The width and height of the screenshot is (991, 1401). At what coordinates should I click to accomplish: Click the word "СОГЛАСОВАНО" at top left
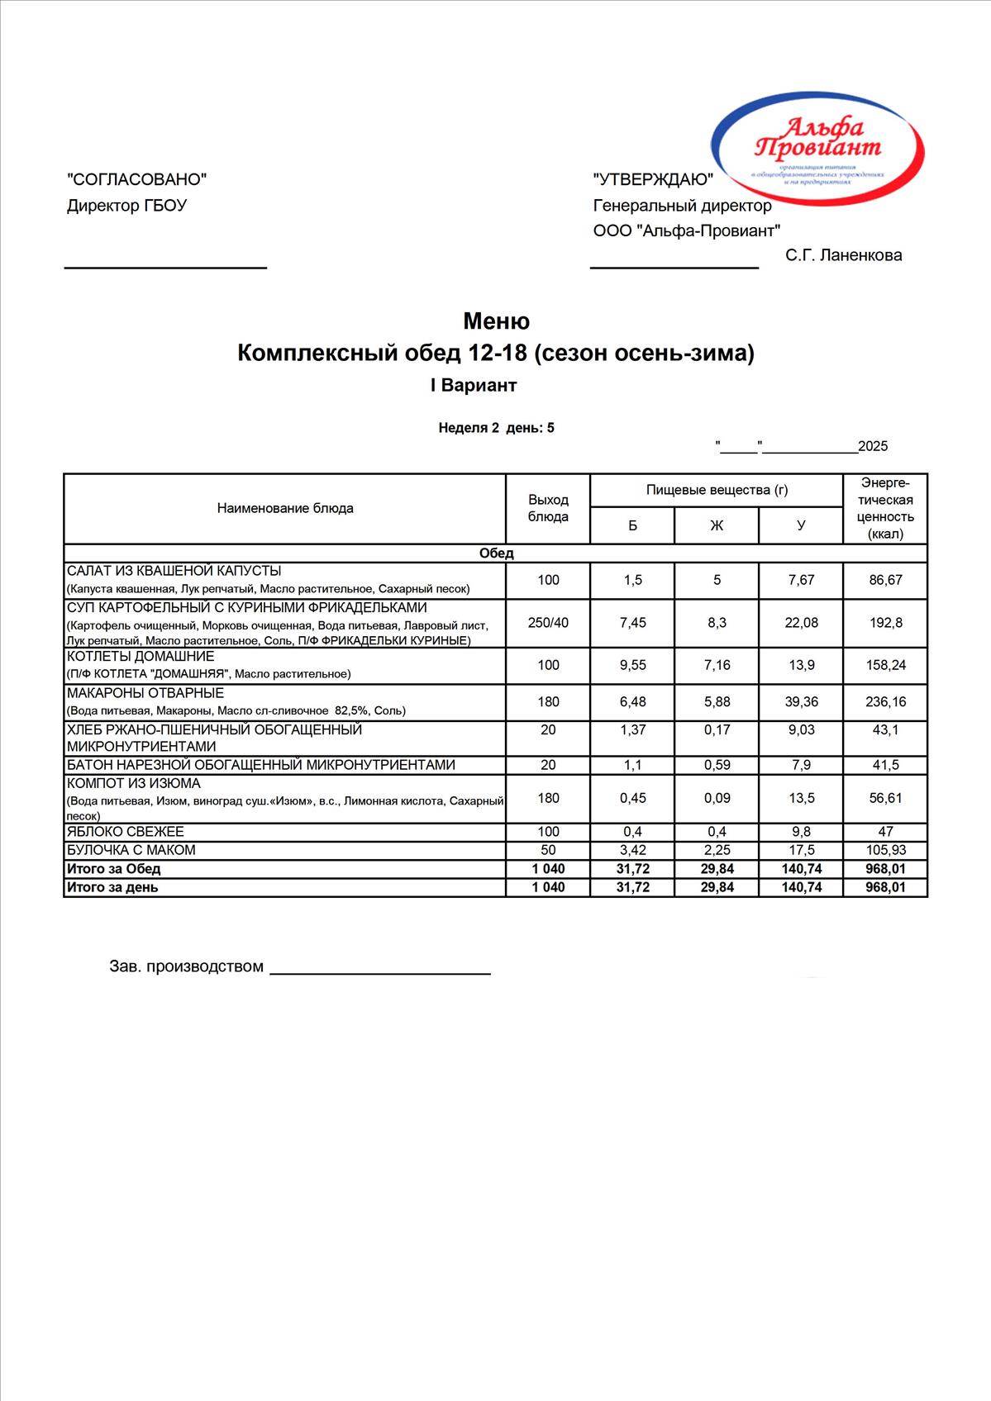click(136, 179)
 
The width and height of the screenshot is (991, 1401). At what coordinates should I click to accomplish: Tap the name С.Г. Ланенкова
click(844, 255)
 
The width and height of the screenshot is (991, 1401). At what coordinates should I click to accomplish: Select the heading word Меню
click(496, 321)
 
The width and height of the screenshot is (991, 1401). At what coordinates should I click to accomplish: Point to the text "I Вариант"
click(473, 386)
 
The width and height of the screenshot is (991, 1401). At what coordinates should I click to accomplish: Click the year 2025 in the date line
click(873, 447)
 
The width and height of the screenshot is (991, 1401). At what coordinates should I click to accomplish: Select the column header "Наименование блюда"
click(285, 508)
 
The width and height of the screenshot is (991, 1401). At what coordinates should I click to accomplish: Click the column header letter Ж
click(717, 525)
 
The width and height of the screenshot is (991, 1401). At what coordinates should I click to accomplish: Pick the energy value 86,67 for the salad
click(885, 580)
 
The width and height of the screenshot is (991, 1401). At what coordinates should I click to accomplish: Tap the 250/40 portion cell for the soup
click(548, 623)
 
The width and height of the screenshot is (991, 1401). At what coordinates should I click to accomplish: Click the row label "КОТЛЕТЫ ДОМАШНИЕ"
click(141, 657)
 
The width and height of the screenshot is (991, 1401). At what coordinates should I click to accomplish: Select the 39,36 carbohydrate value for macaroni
click(801, 702)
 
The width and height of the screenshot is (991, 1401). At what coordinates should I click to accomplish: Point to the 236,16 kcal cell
click(885, 702)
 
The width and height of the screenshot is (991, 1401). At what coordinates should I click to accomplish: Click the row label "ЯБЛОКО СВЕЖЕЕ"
click(126, 832)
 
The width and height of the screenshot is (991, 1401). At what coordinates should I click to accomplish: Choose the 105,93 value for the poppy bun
click(885, 850)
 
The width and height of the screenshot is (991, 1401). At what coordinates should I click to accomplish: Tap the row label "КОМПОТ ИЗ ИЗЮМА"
click(134, 783)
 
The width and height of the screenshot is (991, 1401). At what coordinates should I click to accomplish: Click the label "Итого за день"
click(112, 887)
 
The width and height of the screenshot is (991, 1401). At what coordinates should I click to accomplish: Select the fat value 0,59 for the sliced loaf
click(717, 765)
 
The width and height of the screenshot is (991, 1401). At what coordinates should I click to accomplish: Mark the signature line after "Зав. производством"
click(380, 972)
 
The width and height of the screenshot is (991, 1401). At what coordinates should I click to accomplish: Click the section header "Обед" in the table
click(496, 553)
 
